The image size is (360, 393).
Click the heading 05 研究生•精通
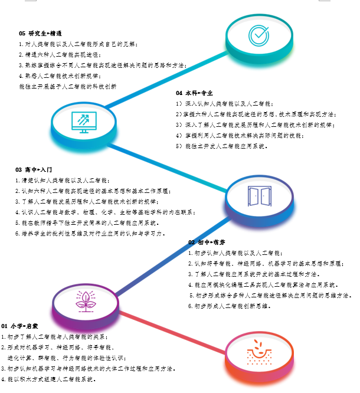click(41, 34)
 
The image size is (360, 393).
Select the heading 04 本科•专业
click(194, 93)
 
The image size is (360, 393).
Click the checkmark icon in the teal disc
click(258, 36)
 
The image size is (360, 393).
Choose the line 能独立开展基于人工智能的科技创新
click(68, 86)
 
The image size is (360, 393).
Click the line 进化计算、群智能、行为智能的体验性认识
click(65, 358)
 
